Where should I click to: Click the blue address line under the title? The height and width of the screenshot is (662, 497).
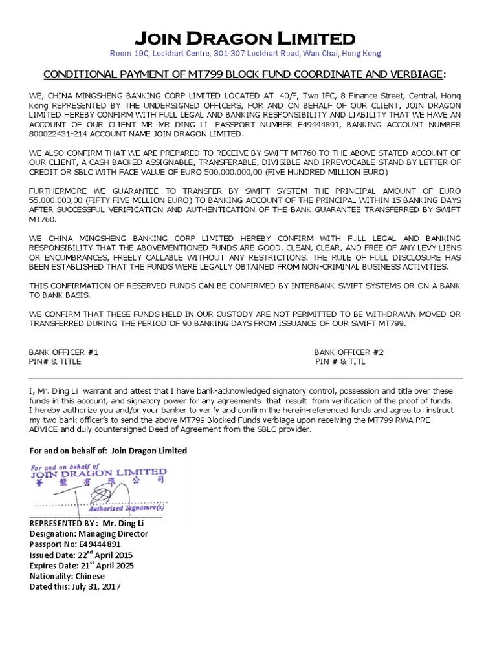point(246,54)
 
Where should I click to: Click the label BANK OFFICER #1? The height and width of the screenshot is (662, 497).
point(63,352)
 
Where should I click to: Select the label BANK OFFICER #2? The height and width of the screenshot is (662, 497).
point(349,352)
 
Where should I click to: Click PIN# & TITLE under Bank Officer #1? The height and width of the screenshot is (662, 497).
point(55,361)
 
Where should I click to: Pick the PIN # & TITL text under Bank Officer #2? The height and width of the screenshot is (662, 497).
point(340,361)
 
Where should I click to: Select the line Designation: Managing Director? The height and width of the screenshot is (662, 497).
point(89,534)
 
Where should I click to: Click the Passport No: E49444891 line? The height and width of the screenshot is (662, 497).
point(75,544)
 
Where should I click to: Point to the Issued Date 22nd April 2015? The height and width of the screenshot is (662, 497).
point(82,555)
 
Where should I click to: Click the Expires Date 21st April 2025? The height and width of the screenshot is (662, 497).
point(82,566)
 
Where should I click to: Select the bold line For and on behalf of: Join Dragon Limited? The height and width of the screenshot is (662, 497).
point(108,451)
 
